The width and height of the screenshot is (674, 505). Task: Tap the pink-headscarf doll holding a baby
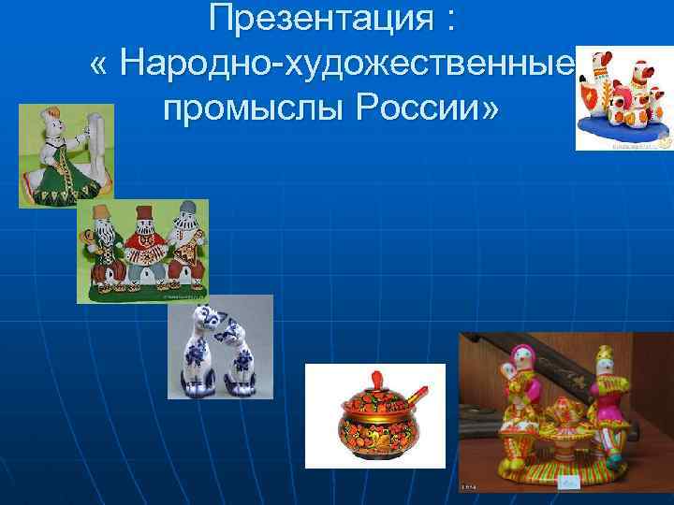coord(520,383)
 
